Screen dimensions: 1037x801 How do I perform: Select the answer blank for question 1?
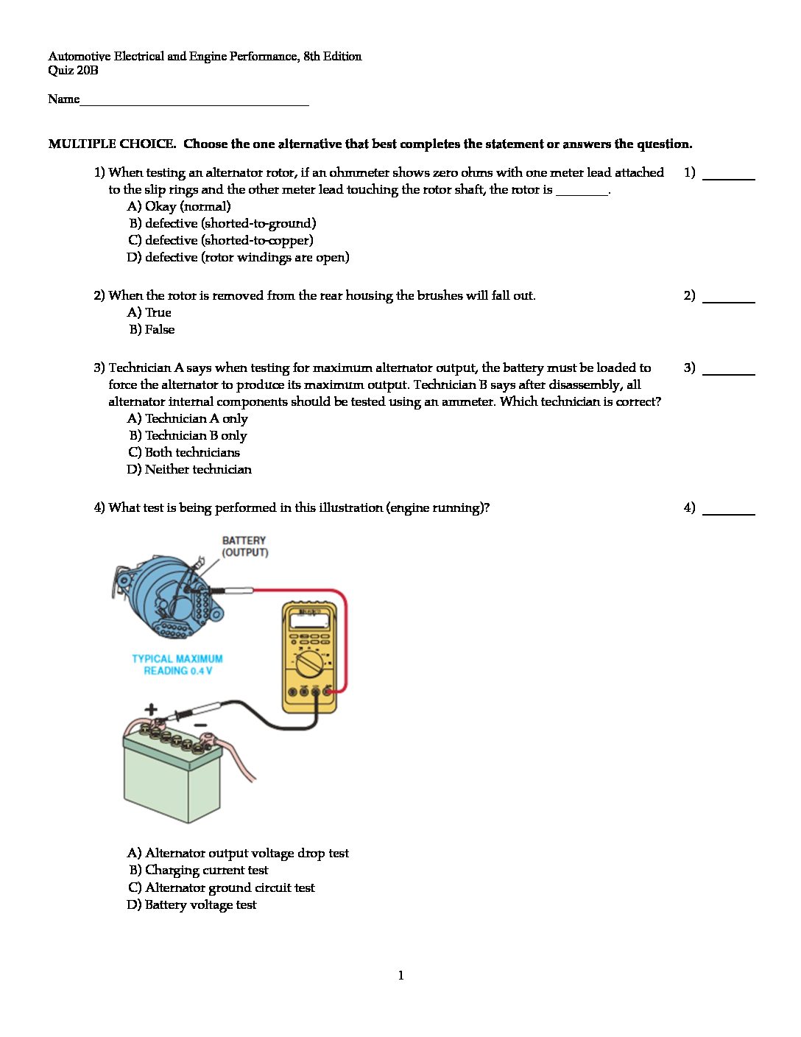[728, 177]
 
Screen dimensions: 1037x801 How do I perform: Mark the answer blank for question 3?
[728, 372]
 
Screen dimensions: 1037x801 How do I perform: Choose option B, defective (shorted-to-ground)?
[222, 223]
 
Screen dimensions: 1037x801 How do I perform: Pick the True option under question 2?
[149, 312]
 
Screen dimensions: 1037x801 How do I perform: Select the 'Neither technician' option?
[189, 469]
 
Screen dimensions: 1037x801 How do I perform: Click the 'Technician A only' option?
[188, 418]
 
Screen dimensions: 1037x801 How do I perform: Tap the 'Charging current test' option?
[198, 870]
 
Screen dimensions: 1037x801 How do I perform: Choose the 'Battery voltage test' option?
[191, 904]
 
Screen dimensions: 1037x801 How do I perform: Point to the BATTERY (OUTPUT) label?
[245, 546]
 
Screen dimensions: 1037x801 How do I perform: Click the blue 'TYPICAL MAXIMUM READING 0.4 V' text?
[177, 664]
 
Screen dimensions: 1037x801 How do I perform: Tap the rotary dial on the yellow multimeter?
[308, 664]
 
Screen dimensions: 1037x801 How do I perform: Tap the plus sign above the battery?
[151, 709]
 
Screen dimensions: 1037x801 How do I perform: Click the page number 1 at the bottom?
[400, 975]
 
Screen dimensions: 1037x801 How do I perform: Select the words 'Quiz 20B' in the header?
[73, 71]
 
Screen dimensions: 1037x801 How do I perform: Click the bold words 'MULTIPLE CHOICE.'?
[112, 144]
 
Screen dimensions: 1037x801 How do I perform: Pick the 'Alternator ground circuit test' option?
[222, 887]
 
